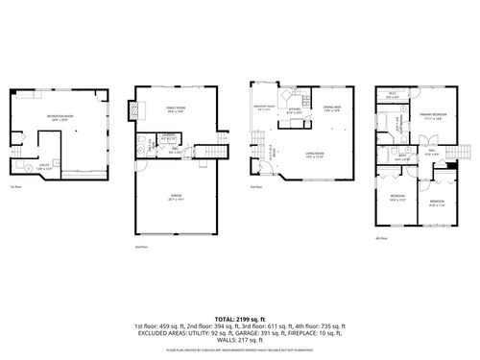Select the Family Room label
tap(176, 108)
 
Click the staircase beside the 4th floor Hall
tap(466, 153)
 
